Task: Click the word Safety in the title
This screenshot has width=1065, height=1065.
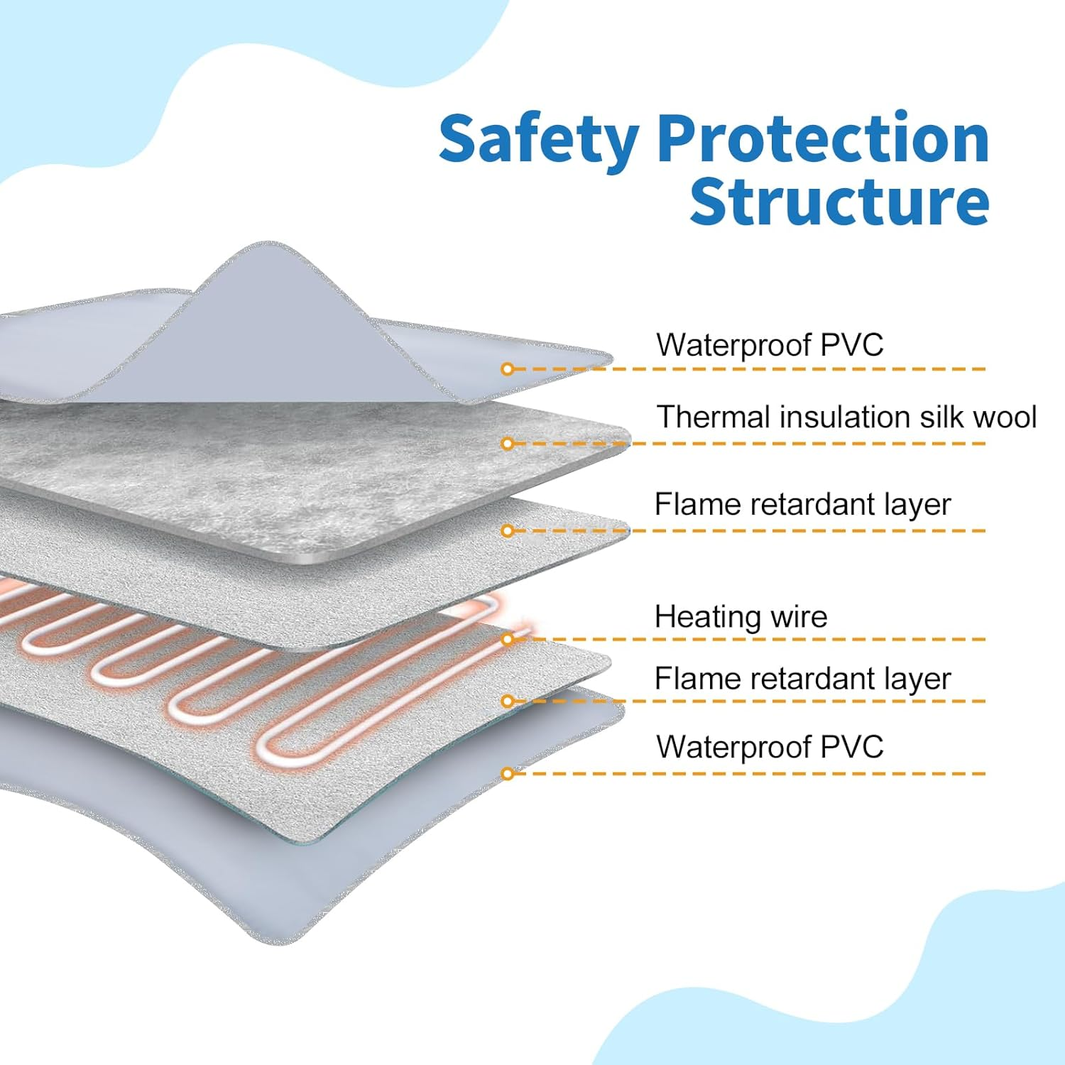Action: [x=539, y=140]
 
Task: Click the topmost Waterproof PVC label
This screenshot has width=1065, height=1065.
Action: [x=770, y=345]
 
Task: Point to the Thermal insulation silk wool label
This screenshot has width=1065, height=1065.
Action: [x=846, y=417]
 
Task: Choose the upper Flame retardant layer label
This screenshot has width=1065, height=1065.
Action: [x=802, y=505]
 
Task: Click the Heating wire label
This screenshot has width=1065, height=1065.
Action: [x=741, y=617]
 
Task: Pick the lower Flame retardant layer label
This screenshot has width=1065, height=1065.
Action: [x=802, y=679]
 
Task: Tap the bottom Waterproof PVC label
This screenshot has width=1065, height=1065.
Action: [x=770, y=747]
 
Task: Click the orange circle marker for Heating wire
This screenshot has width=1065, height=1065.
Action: [x=508, y=640]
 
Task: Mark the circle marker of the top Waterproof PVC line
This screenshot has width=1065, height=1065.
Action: [x=508, y=369]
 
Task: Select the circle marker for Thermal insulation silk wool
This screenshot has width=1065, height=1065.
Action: [x=508, y=444]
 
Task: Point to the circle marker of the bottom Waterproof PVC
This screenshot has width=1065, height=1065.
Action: [x=508, y=774]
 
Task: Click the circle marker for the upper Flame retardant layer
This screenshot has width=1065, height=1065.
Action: [x=508, y=531]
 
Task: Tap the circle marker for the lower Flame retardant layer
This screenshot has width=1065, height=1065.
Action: [x=508, y=701]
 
